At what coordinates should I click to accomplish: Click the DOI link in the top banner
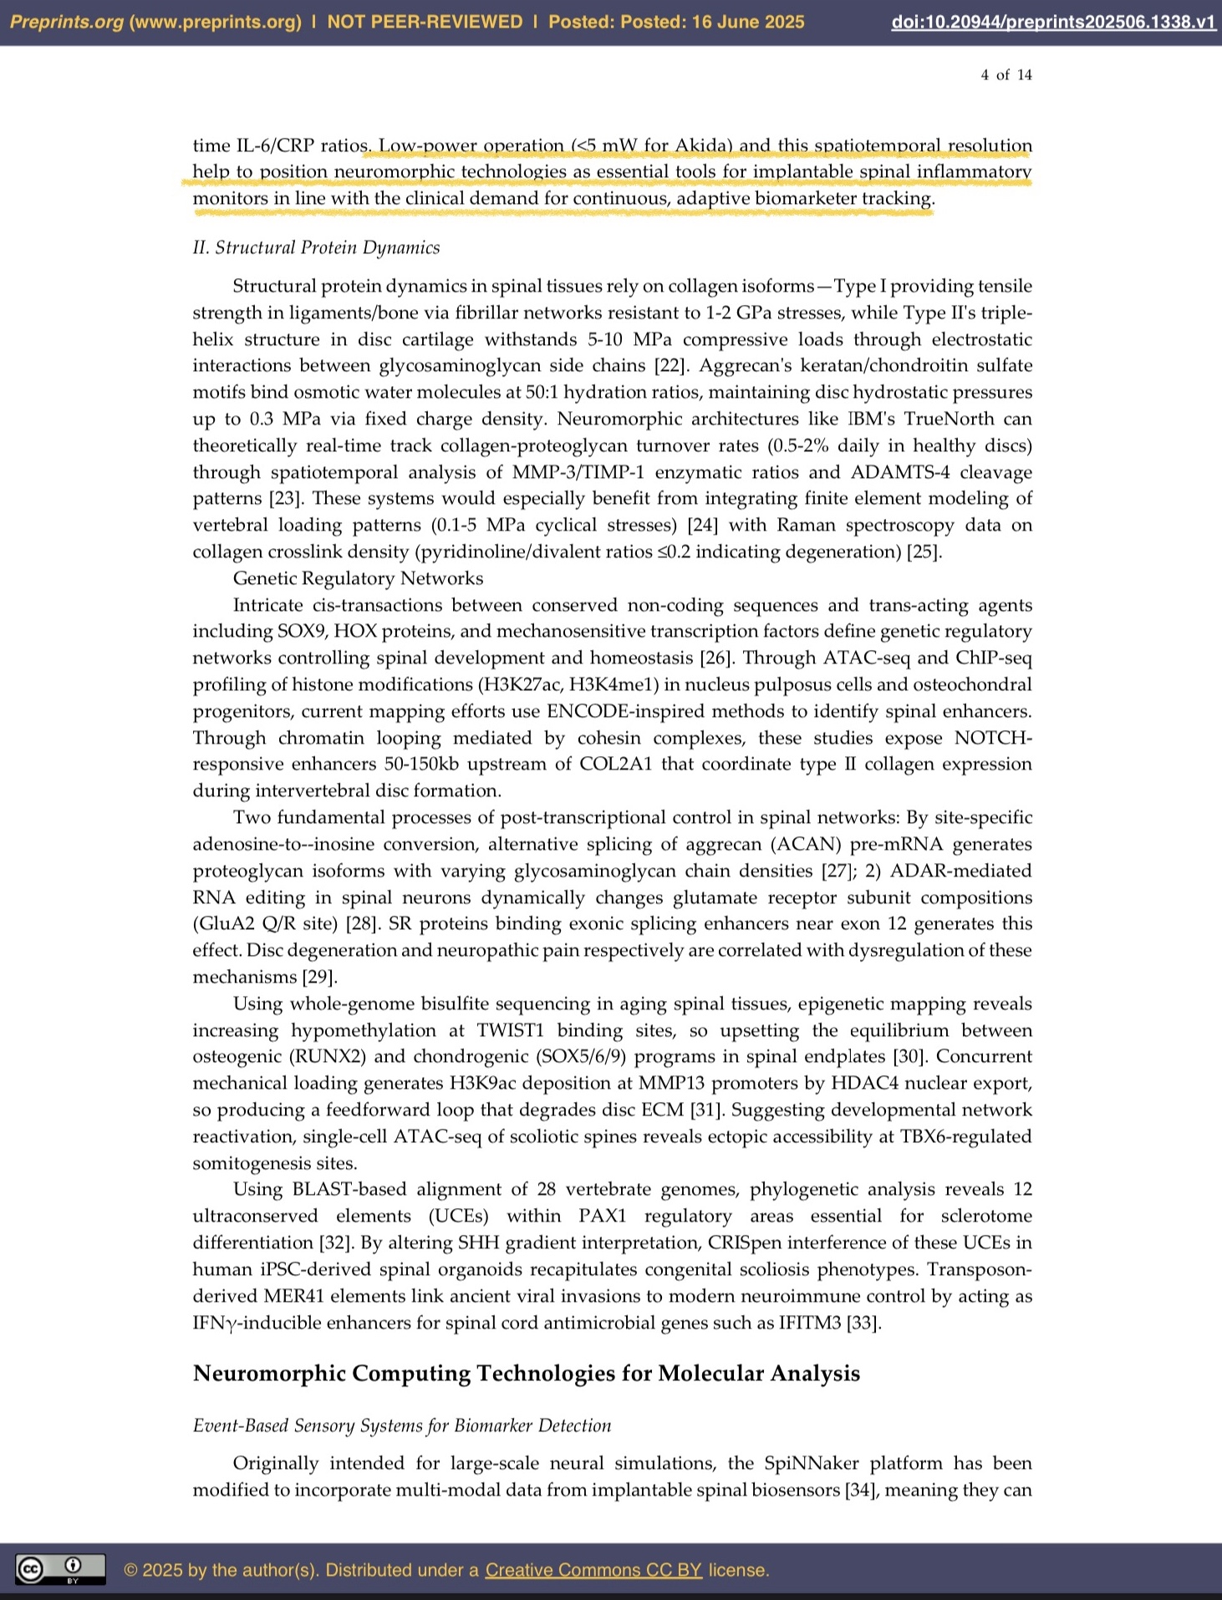[x=1053, y=23]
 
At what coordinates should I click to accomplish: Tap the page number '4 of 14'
[x=1006, y=75]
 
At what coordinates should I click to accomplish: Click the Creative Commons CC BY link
[x=593, y=1570]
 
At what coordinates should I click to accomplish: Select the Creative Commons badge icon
[x=60, y=1569]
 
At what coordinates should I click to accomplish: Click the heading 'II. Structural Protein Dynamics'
[x=316, y=247]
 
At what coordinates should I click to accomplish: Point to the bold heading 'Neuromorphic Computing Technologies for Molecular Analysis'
[x=526, y=1374]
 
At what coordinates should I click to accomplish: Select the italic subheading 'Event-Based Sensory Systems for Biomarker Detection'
[x=401, y=1425]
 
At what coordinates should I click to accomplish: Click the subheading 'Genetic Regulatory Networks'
[x=358, y=578]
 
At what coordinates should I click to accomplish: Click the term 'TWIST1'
[x=510, y=1030]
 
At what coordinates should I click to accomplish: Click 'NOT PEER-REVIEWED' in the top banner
[x=425, y=23]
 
